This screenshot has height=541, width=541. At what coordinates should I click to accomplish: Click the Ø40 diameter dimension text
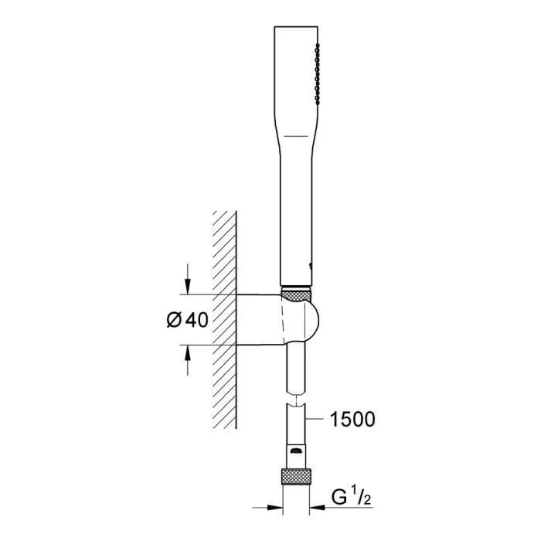pyautogui.click(x=187, y=320)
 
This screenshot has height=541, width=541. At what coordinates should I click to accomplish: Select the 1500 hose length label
pyautogui.click(x=352, y=420)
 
